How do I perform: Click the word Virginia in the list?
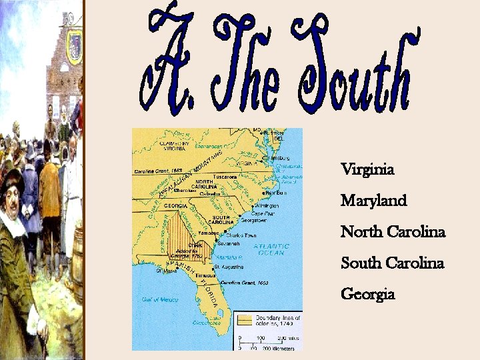(367, 170)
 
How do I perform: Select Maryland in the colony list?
(373, 201)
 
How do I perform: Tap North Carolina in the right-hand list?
(393, 232)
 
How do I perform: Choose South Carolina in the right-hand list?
(392, 263)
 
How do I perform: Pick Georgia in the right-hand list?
(367, 294)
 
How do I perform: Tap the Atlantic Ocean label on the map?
(269, 249)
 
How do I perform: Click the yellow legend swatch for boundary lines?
(246, 319)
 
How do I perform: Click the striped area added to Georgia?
(178, 231)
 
